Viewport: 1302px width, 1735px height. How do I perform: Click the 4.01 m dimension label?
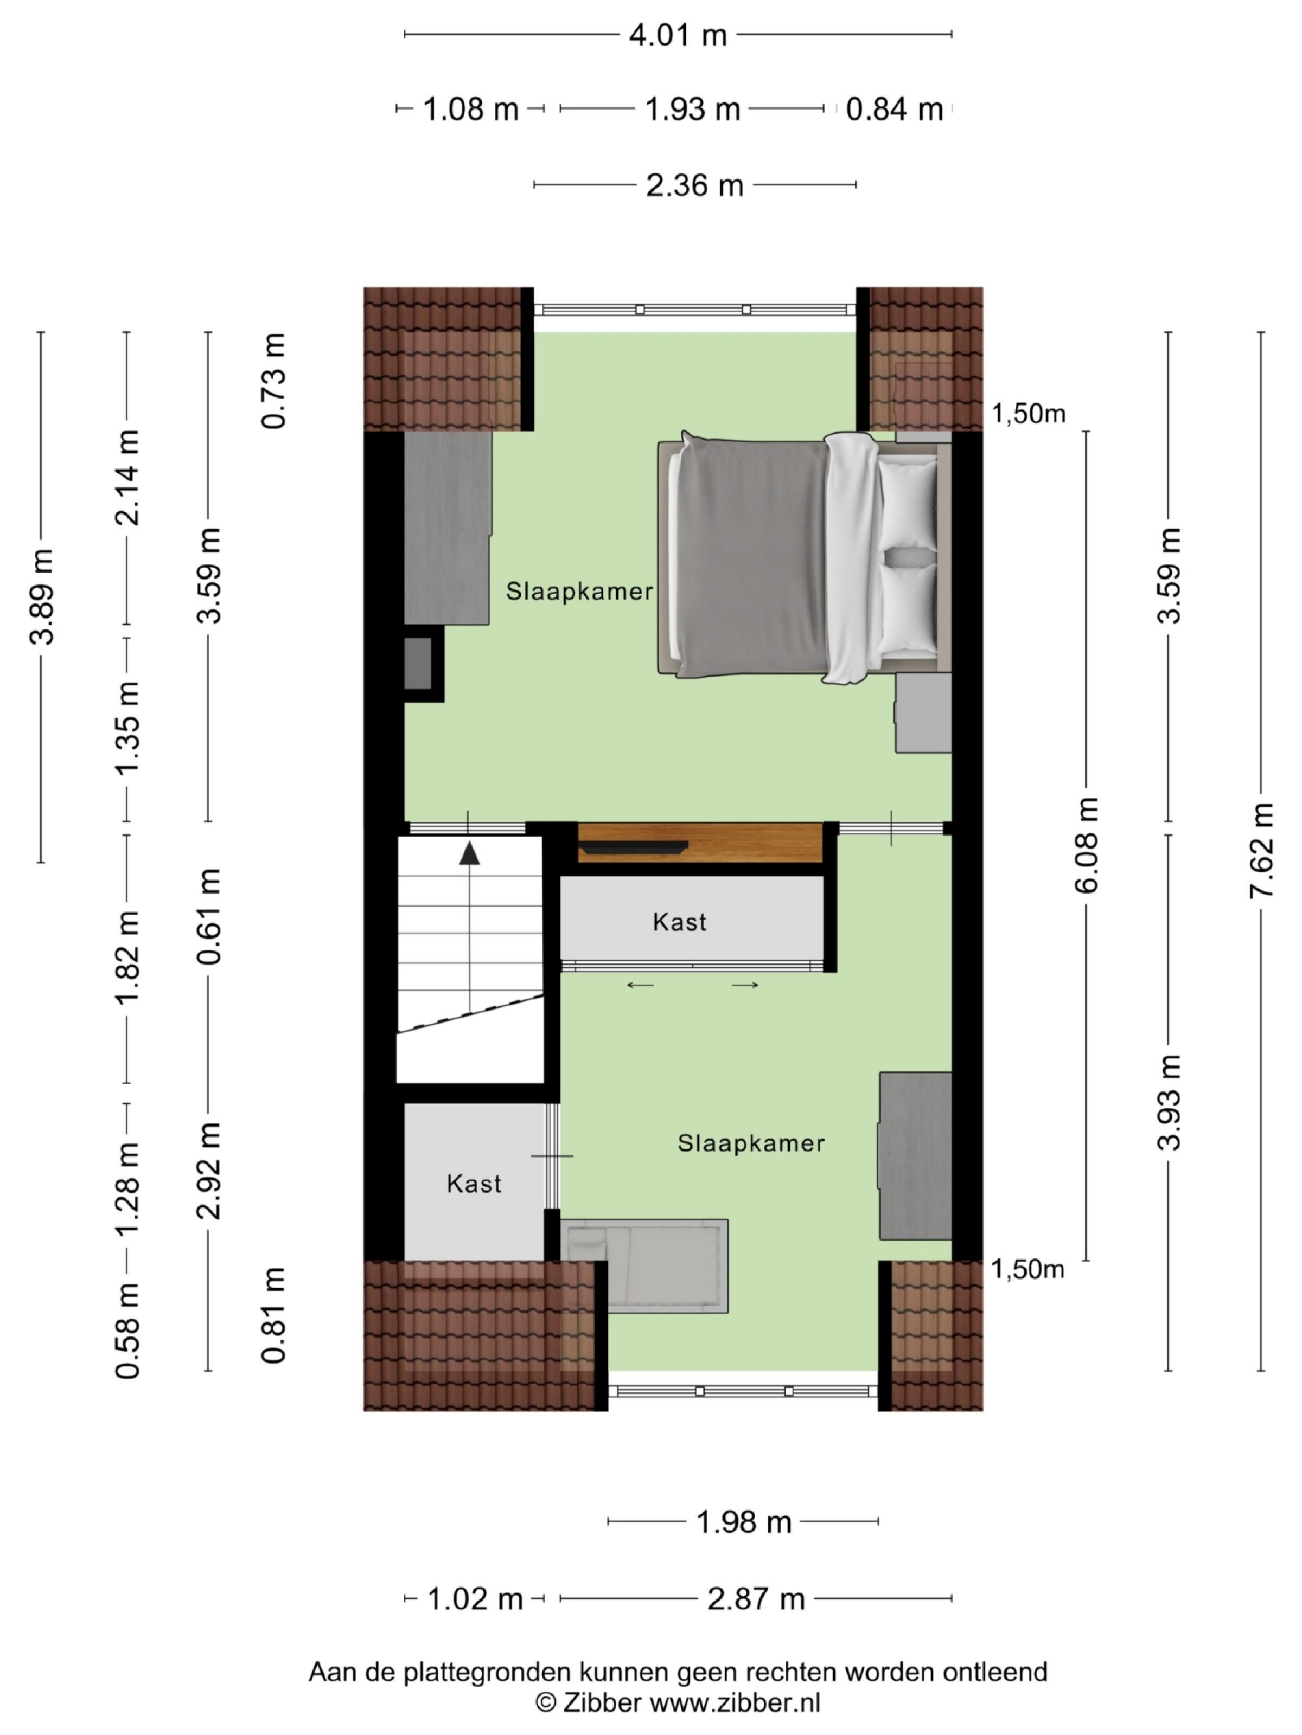677,35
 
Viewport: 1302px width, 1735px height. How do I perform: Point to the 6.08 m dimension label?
1086,845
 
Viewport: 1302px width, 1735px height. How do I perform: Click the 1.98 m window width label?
743,1522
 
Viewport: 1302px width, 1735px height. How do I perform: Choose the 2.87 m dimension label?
756,1598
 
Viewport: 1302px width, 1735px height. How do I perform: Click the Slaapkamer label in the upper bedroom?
579,592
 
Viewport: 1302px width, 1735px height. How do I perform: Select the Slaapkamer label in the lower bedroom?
751,1143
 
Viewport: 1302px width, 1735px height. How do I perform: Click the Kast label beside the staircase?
680,922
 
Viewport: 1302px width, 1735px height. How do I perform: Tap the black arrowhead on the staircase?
469,853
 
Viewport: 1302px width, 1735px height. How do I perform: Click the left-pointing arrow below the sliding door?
640,985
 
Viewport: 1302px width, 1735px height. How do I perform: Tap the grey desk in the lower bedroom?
915,1155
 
